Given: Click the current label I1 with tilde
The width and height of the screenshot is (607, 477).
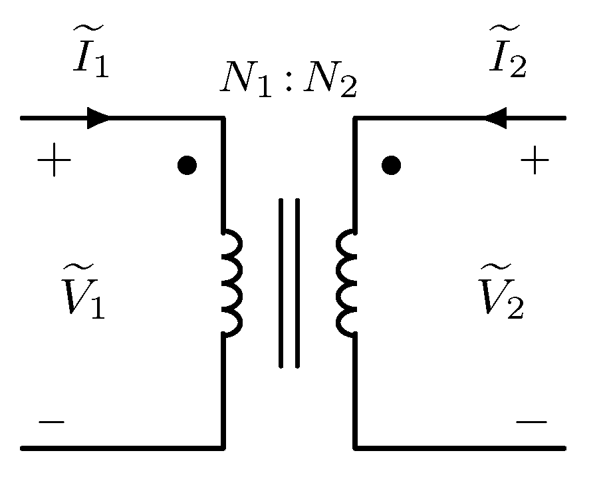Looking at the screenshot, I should click(90, 55).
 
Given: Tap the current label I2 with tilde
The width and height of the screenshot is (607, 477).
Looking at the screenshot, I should click(507, 55).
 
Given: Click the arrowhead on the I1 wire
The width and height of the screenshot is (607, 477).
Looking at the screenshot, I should click(98, 118).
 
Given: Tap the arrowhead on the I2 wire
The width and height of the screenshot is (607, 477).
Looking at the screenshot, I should click(495, 118).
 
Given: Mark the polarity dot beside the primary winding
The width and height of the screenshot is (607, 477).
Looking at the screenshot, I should click(187, 164).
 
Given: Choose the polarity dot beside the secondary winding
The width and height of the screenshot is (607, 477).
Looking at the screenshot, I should click(392, 164).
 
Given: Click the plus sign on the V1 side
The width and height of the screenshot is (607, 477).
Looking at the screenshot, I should click(54, 162).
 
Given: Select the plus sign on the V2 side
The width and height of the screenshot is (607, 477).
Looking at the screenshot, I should click(535, 162).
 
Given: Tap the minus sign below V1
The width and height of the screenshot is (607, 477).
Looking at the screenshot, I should click(51, 422).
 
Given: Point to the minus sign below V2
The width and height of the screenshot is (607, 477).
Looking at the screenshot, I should click(532, 422).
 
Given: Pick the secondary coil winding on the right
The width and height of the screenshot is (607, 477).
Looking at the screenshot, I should click(346, 282).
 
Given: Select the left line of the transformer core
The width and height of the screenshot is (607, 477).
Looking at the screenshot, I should click(281, 282).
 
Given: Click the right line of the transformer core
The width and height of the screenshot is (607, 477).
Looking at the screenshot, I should click(297, 282).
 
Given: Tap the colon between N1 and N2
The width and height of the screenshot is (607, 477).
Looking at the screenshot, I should click(287, 84).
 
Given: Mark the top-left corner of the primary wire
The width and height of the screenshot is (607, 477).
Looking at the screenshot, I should click(223, 118).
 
